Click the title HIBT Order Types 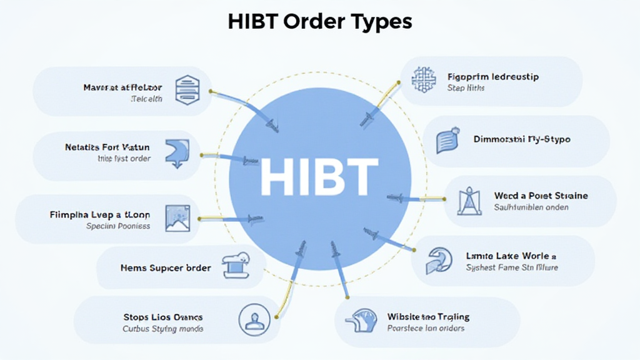pyautogui.click(x=319, y=21)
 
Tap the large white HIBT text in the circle pyautogui.click(x=319, y=176)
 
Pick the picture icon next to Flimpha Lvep pyautogui.click(x=176, y=218)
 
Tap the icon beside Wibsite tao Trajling pyautogui.click(x=362, y=320)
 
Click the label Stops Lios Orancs pyautogui.click(x=162, y=317)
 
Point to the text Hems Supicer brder pyautogui.click(x=166, y=267)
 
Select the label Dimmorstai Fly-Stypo pyautogui.click(x=522, y=139)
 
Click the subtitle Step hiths pyautogui.click(x=466, y=88)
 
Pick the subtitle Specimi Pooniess pyautogui.click(x=118, y=226)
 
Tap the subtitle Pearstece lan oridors pyautogui.click(x=426, y=328)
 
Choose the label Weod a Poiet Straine pyautogui.click(x=541, y=196)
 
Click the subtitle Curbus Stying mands pyautogui.click(x=162, y=329)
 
